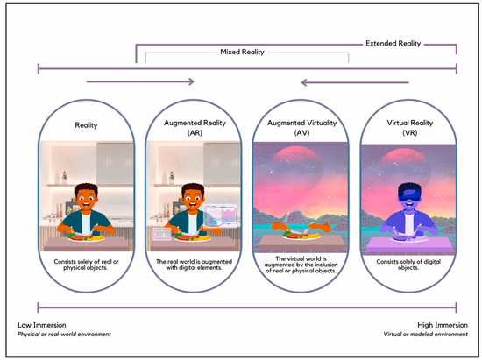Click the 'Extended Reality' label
pyautogui.click(x=393, y=43)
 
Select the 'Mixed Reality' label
pyautogui.click(x=242, y=52)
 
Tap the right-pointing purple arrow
pyautogui.click(x=140, y=81)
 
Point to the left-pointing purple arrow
pyautogui.click(x=355, y=82)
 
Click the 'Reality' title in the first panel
pyautogui.click(x=86, y=125)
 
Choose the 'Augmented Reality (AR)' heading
pyautogui.click(x=195, y=128)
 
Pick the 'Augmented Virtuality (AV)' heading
pyautogui.click(x=301, y=128)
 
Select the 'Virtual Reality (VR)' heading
pyautogui.click(x=410, y=128)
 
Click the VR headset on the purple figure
pyautogui.click(x=409, y=193)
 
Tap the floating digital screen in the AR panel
pyautogui.click(x=221, y=215)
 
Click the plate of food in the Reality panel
pyautogui.click(x=87, y=236)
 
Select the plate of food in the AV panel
pyautogui.click(x=301, y=236)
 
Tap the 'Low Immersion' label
pyautogui.click(x=42, y=325)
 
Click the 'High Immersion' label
pyautogui.click(x=443, y=325)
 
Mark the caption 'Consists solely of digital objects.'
pyautogui.click(x=408, y=265)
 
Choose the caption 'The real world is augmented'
pyautogui.click(x=194, y=262)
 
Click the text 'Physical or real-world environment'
pyautogui.click(x=64, y=335)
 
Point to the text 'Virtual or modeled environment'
pyautogui.click(x=425, y=335)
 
